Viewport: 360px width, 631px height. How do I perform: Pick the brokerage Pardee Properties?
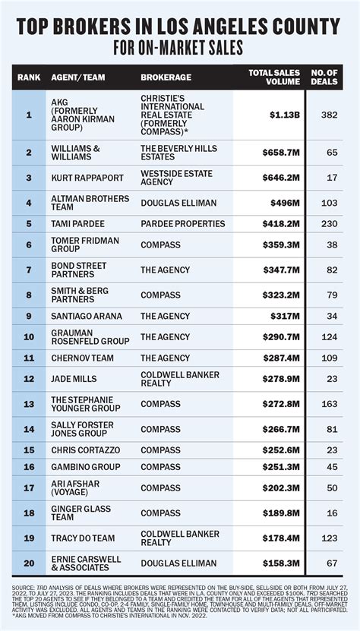(182, 224)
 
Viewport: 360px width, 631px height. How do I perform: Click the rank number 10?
(29, 336)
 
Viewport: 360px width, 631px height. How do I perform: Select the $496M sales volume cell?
(284, 203)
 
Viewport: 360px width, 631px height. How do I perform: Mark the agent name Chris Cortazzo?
(86, 449)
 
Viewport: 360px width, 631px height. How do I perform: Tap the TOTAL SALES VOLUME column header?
(276, 77)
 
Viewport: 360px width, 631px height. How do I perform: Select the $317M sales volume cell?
(285, 316)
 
